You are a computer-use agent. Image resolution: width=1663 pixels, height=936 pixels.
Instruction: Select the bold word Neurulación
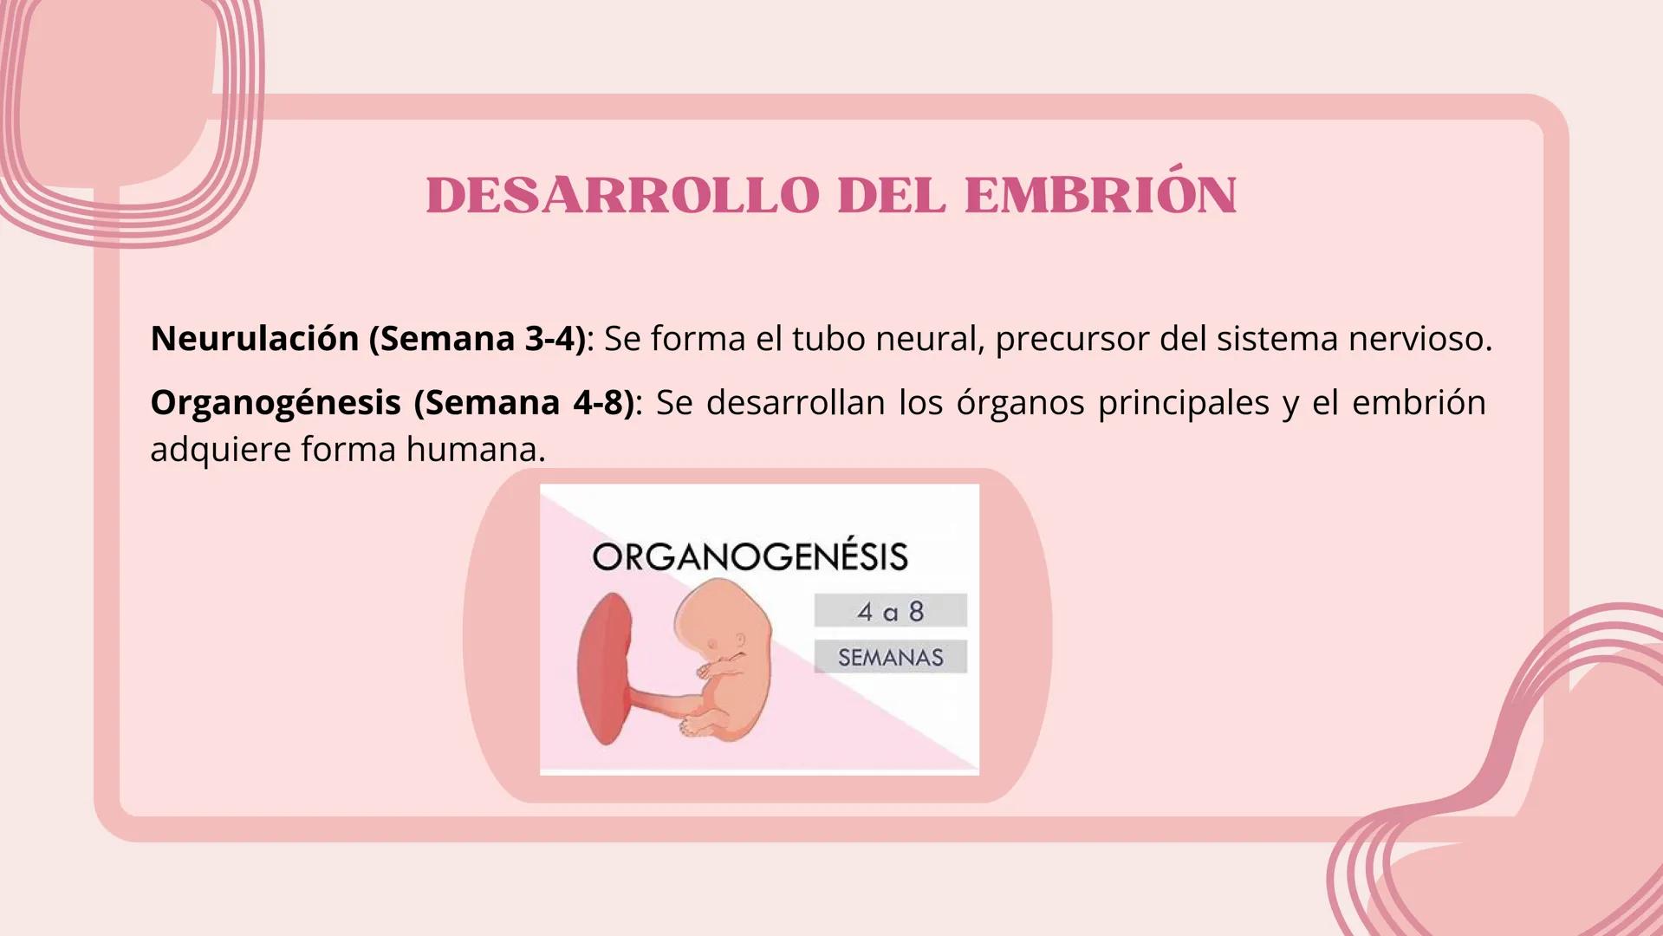(255, 338)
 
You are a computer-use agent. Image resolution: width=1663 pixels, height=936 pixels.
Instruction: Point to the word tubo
(828, 338)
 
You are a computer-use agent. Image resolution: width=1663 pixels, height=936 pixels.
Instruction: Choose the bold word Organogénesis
(276, 402)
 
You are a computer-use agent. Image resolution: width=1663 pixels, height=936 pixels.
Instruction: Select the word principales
(1183, 402)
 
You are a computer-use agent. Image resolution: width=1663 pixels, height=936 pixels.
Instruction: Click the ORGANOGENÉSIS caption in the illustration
(750, 556)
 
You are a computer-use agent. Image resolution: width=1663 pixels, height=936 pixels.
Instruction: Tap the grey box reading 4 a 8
(890, 611)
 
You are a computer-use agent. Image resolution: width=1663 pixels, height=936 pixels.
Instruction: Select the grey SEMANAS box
(890, 657)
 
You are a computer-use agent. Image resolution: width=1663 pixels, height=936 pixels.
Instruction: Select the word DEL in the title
(891, 196)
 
